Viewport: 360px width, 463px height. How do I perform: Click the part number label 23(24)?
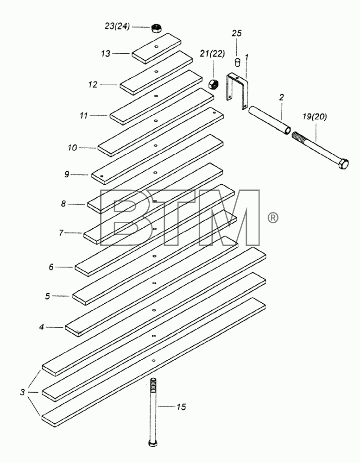coord(117,26)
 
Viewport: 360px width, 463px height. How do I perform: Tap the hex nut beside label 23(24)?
coord(155,28)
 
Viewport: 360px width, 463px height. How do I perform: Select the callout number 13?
coord(106,53)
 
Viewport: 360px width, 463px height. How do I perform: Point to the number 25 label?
coord(236,33)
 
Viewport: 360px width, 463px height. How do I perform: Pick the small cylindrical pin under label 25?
coord(237,63)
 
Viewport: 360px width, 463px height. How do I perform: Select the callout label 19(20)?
coord(315,117)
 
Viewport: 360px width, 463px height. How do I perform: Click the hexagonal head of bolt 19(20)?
coord(343,163)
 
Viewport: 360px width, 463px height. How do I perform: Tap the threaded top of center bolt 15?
coord(153,384)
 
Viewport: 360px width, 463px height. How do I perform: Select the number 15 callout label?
coord(181,407)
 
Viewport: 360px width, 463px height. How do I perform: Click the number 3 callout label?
coord(22,393)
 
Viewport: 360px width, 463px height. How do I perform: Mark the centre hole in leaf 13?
coord(156,46)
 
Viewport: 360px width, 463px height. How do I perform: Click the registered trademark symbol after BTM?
coord(272,218)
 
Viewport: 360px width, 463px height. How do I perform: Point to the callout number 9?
coord(67,174)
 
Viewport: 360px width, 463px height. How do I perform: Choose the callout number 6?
coord(51,267)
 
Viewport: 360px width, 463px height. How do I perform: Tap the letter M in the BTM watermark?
coord(229,218)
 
